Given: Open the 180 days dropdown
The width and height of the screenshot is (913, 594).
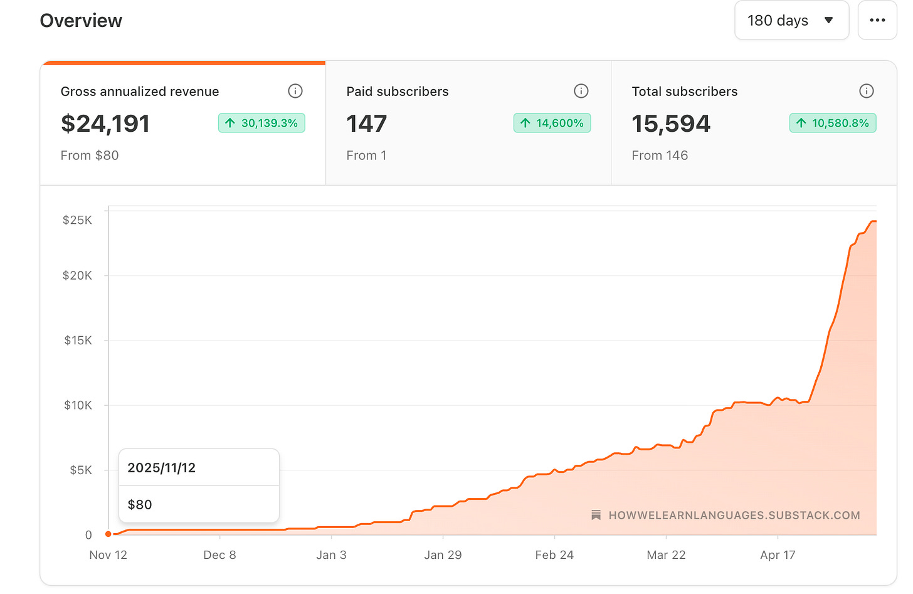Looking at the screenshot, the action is pos(791,20).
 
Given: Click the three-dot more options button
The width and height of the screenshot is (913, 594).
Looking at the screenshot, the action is pos(877,20).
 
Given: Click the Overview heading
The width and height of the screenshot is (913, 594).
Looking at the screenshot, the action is pos(81,21).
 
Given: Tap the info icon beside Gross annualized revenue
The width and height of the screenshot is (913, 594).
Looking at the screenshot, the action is pos(295,91).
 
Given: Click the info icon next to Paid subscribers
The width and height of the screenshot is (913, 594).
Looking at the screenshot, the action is pos(581,91).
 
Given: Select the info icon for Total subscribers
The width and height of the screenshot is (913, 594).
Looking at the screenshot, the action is pos(866,91).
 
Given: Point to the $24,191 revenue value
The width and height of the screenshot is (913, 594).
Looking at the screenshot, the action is pos(105,124).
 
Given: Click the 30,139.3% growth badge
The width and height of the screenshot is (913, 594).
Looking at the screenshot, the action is pos(261,123).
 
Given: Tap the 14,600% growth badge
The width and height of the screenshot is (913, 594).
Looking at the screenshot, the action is pos(552,123).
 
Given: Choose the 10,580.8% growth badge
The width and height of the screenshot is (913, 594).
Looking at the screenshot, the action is pos(833,123).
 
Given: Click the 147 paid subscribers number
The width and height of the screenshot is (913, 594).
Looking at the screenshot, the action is pos(366,124).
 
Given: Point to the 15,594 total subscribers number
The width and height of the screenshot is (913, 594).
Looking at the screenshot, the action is pos(671,124).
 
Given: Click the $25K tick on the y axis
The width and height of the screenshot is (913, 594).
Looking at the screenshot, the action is pos(77,220).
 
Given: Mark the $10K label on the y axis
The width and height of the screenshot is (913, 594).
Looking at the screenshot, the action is pos(78,405).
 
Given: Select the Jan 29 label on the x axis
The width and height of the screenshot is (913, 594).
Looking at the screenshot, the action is pos(443,555).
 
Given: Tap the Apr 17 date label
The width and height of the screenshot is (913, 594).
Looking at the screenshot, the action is pos(778,555).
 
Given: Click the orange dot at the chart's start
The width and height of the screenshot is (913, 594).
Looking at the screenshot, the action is pos(108,534).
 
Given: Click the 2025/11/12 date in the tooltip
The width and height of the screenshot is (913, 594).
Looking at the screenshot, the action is pos(161,468).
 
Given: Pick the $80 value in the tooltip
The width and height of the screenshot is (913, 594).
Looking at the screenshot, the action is pos(140,505).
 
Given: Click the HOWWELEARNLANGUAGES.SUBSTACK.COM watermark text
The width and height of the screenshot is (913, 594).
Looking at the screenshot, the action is pos(734,516).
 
